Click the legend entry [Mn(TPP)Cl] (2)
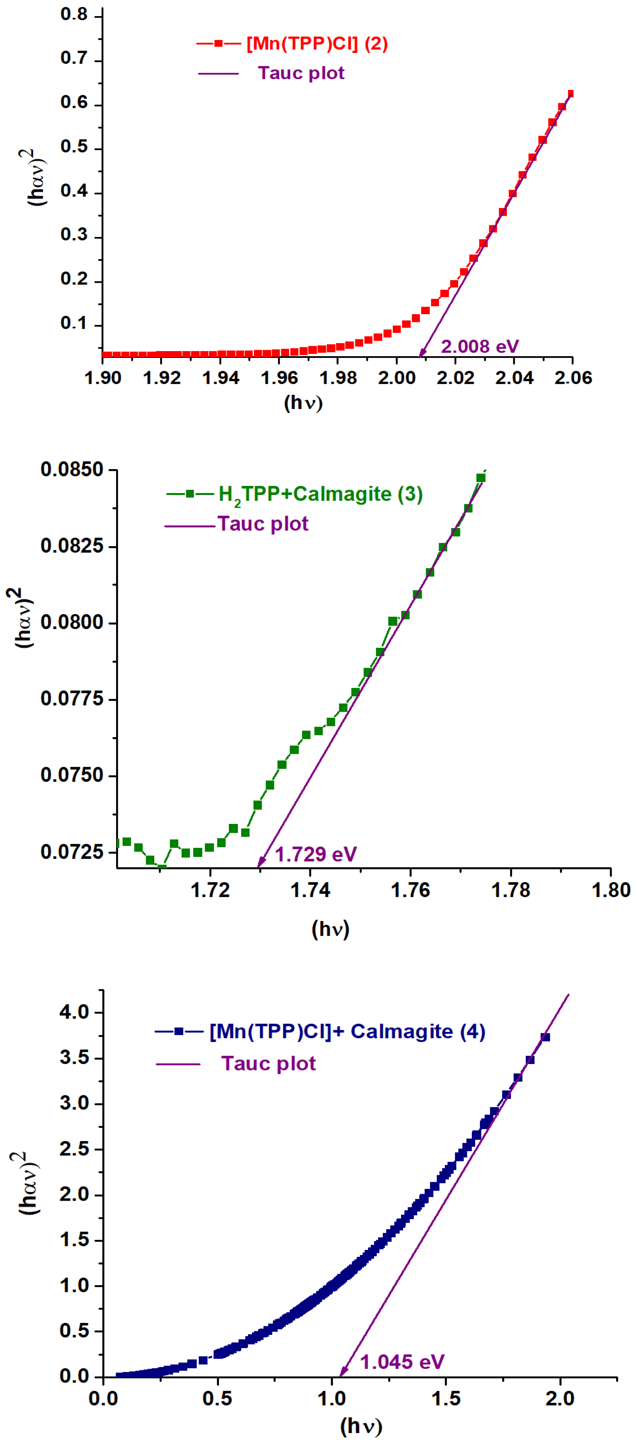coord(317,44)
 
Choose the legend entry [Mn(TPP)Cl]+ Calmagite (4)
coord(347,1031)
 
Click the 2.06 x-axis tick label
coord(573,378)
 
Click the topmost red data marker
coord(570,94)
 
